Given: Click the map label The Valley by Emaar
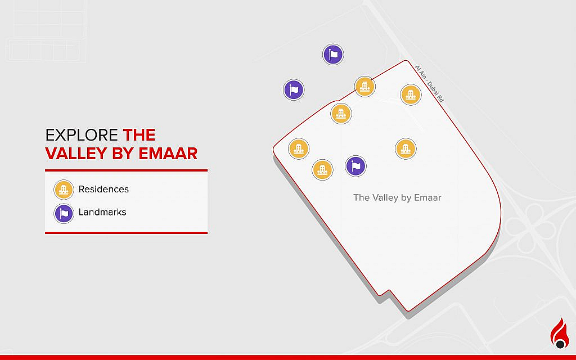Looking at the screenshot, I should coord(397,197).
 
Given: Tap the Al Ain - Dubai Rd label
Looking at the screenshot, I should coord(429,83).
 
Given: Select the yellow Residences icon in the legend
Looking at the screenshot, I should coord(64,190).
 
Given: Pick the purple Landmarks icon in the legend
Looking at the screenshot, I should coord(64,213).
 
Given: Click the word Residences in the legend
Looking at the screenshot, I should coord(103,190).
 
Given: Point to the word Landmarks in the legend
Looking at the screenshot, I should coord(102,213).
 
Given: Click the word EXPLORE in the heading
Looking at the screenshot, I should coord(82,135).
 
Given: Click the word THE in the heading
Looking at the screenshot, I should coord(139,135).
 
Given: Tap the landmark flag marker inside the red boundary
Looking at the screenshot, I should coord(355,166).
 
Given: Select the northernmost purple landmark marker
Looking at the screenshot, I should coord(333,55).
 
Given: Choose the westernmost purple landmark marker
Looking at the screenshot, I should coord(293,89).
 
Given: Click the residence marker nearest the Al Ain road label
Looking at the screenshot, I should coord(411,94).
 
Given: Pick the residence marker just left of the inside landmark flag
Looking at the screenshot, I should coord(322,169).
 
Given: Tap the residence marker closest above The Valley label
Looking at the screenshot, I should coord(405,149).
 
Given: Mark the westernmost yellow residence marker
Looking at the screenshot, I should coord(299,149).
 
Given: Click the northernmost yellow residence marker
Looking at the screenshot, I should coord(364,87).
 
